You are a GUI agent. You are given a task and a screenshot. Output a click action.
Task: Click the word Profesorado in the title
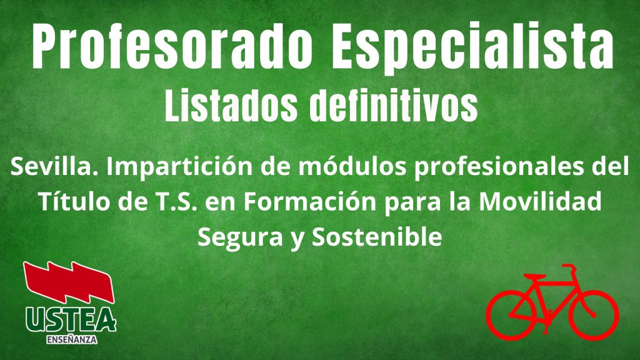click(x=172, y=46)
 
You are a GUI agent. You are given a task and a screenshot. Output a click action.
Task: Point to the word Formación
click(x=310, y=201)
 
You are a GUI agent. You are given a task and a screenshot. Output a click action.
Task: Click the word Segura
click(x=240, y=237)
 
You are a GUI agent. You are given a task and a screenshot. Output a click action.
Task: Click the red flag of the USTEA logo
click(x=69, y=282)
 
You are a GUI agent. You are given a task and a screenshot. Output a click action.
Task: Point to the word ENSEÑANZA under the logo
click(x=72, y=339)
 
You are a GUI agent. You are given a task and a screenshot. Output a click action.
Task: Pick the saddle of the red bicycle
click(x=535, y=277)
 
